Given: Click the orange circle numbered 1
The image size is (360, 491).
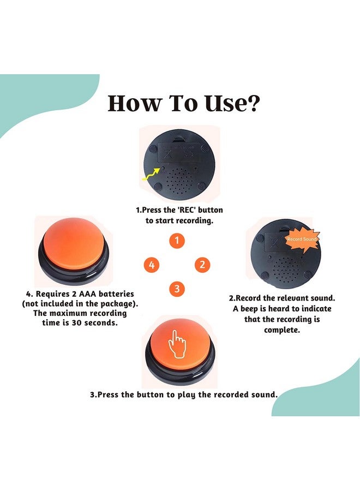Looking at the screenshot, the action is (x=177, y=241).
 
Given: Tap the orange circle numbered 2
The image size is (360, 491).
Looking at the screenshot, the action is (x=202, y=265).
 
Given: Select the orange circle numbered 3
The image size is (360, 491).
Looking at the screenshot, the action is (x=177, y=289).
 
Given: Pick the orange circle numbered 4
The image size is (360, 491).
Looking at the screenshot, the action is (x=152, y=265).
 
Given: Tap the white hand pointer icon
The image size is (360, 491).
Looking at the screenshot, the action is (x=177, y=345).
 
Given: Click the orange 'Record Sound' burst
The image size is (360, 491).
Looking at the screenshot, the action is (x=302, y=239).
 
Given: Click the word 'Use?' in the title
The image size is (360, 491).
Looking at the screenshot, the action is (x=232, y=104).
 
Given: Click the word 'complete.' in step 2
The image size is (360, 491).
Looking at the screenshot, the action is (x=282, y=331).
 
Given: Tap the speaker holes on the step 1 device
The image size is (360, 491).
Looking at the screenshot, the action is (x=179, y=179).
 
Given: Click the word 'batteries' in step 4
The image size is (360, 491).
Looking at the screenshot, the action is (x=116, y=294).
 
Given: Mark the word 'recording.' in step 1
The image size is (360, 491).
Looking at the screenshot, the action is (x=194, y=221).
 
